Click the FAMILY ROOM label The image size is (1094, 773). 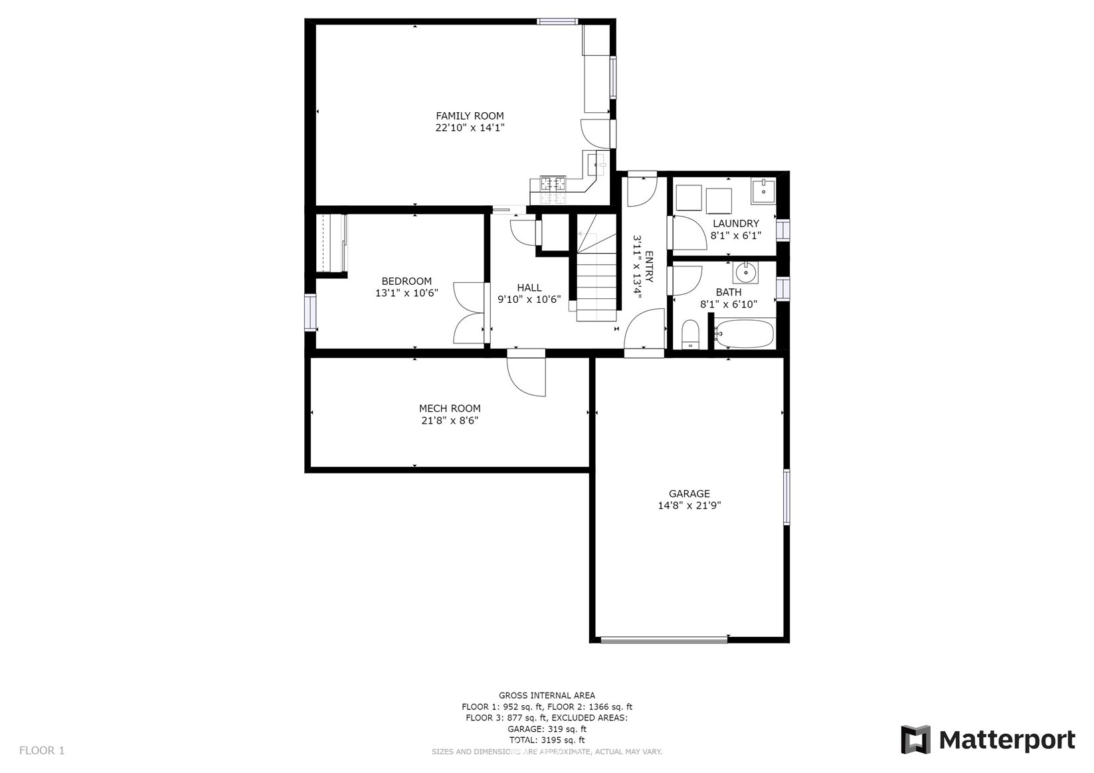click(470, 116)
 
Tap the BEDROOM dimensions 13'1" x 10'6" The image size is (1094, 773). click(407, 293)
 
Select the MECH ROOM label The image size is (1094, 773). click(449, 408)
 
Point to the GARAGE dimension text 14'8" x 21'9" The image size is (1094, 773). click(689, 505)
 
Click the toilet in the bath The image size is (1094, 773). click(690, 335)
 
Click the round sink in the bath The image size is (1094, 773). click(745, 272)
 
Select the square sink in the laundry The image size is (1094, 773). click(763, 191)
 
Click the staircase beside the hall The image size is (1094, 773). click(596, 268)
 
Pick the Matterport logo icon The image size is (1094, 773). click(916, 739)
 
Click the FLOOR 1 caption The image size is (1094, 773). click(42, 750)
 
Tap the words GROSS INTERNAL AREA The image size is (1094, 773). click(547, 695)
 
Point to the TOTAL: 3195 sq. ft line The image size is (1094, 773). click(547, 740)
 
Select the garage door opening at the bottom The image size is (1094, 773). click(664, 640)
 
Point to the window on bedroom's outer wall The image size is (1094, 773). click(310, 313)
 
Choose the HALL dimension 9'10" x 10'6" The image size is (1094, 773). click(529, 300)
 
